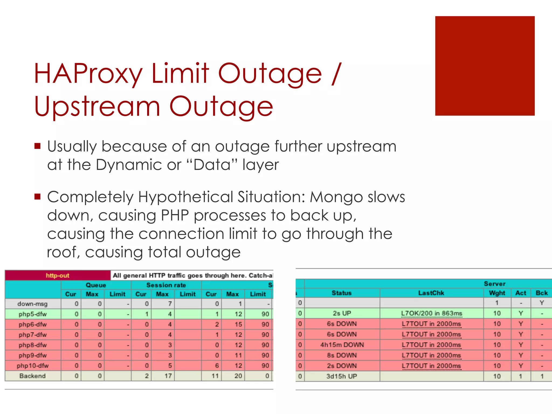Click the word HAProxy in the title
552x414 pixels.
click(x=88, y=74)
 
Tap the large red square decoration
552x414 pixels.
click(x=485, y=66)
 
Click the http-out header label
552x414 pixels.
click(x=57, y=275)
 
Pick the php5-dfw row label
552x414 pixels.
click(x=33, y=314)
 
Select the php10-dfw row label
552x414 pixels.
click(x=33, y=366)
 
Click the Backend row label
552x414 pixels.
click(x=32, y=376)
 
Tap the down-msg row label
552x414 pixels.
click(x=32, y=304)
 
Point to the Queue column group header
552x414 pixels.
click(x=96, y=285)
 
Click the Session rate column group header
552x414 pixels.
click(x=166, y=285)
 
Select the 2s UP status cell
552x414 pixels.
click(x=342, y=313)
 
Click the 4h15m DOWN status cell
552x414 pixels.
click(x=342, y=345)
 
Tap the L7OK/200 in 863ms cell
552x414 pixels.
click(x=431, y=313)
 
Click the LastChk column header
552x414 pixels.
click(x=431, y=293)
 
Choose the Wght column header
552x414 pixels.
click(x=497, y=293)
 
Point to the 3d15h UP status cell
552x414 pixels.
click(x=342, y=376)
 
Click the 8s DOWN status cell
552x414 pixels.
click(x=342, y=355)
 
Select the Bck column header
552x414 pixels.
click(x=541, y=293)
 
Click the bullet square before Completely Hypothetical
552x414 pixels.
click(x=37, y=197)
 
